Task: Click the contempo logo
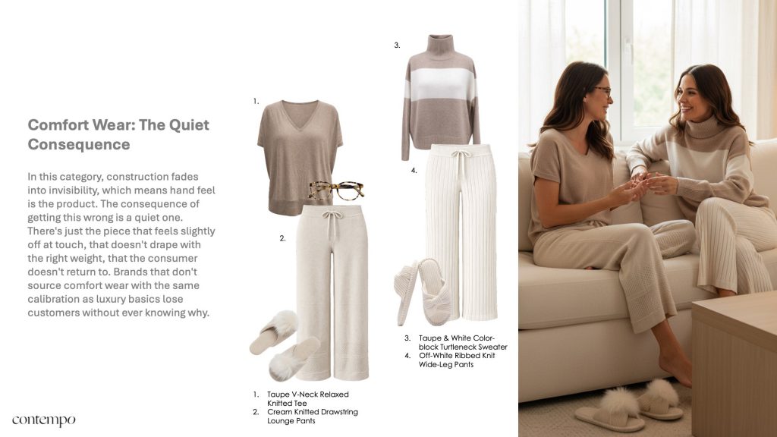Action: point(43,420)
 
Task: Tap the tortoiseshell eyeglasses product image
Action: point(336,190)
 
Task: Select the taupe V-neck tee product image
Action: point(299,157)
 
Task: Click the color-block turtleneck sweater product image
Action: point(441,96)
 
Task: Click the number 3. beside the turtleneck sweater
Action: point(397,45)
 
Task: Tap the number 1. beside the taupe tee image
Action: point(256,101)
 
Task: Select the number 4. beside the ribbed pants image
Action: point(414,171)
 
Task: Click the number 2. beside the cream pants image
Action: point(282,238)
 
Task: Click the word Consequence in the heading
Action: point(79,145)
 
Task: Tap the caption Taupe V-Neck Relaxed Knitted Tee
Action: point(308,399)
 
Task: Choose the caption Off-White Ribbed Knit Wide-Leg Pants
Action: point(456,360)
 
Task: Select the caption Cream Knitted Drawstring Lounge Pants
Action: point(312,417)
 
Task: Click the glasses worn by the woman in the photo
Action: point(601,92)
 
